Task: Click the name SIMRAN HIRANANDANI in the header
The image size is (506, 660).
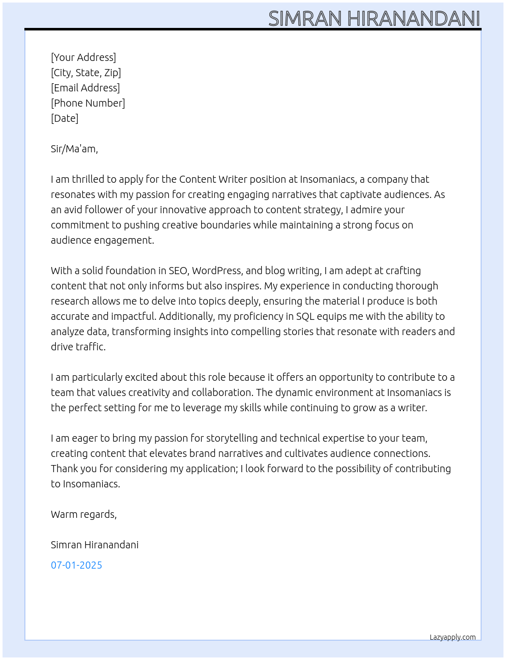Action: point(374,19)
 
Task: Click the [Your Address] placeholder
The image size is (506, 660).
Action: point(83,57)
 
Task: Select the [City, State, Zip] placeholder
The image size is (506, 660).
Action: point(86,73)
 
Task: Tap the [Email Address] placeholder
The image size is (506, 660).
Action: point(85,88)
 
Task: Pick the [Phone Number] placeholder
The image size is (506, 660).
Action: point(88,103)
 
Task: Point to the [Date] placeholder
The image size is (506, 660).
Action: point(65,118)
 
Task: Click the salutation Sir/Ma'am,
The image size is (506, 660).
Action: point(74,149)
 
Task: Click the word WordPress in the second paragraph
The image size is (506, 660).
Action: point(217,271)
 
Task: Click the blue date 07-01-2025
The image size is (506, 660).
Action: point(76,565)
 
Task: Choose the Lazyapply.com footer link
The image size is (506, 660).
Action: point(453,637)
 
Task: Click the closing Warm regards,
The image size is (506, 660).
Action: point(84,514)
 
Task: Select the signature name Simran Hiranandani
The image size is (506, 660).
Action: point(94,545)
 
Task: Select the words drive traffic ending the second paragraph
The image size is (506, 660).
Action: point(78,347)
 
